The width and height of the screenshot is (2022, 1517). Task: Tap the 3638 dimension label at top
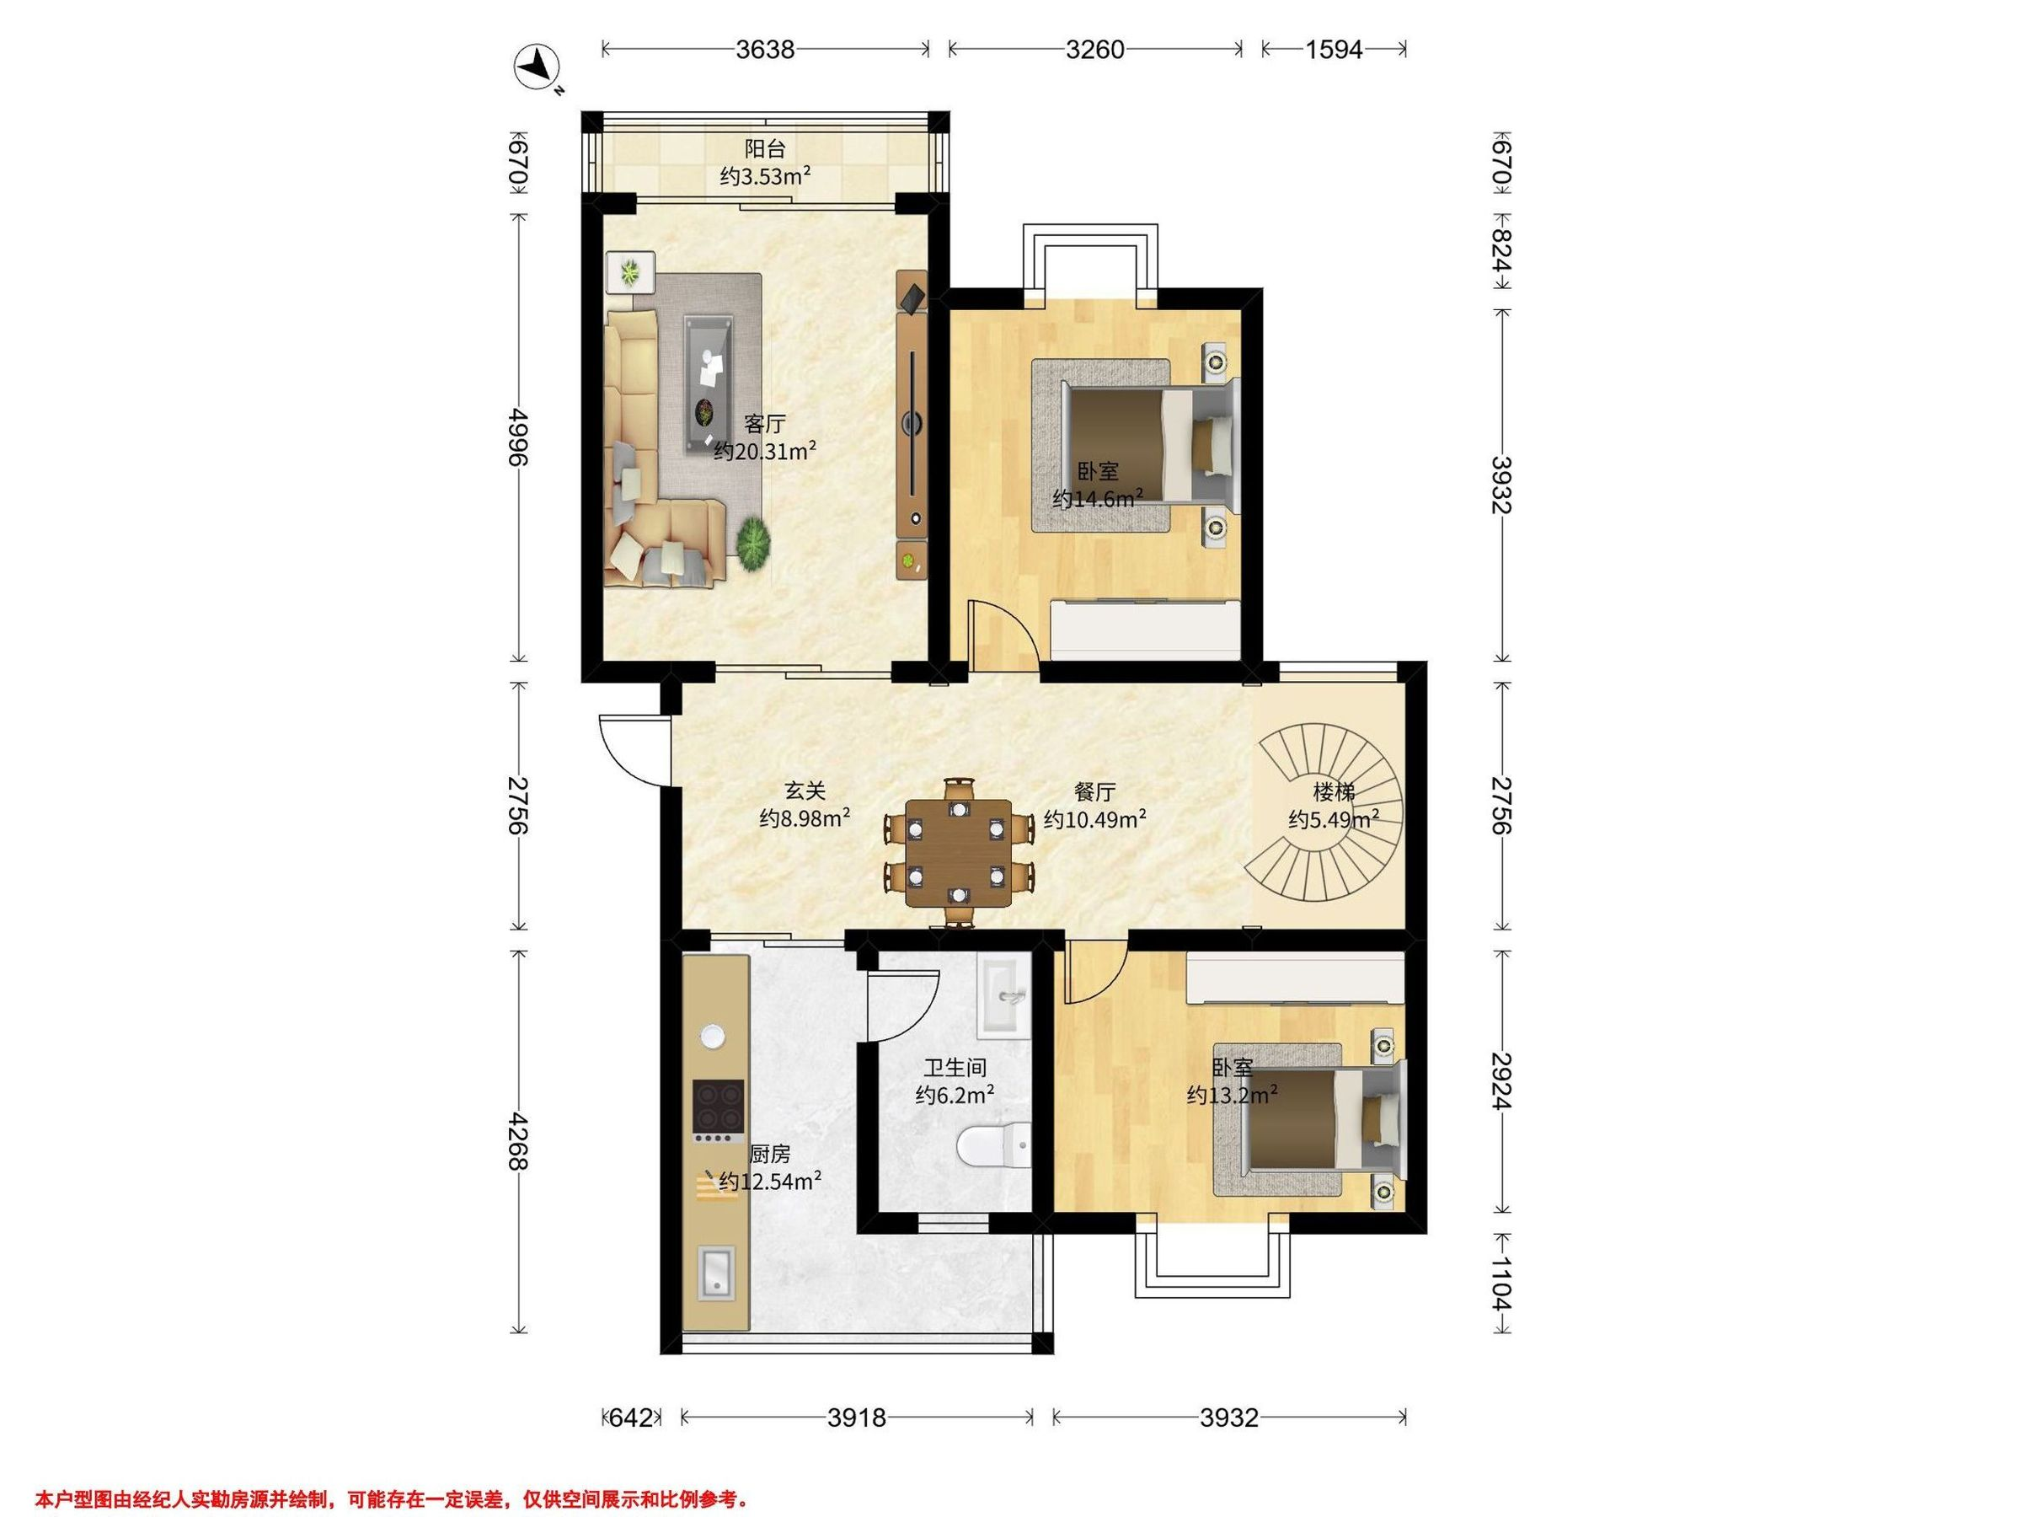coord(765,50)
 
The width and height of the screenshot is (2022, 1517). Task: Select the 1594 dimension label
coord(1334,50)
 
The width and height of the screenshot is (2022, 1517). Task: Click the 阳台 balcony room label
coord(764,148)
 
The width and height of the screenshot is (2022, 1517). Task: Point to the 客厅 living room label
coord(764,423)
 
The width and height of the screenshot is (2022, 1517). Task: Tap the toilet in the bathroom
coord(992,1145)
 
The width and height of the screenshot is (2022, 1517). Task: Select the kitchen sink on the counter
coord(717,1272)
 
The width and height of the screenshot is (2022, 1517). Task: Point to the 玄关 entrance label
coord(805,790)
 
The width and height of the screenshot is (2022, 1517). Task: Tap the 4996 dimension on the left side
coord(518,437)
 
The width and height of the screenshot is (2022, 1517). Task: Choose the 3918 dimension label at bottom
coord(857,1417)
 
